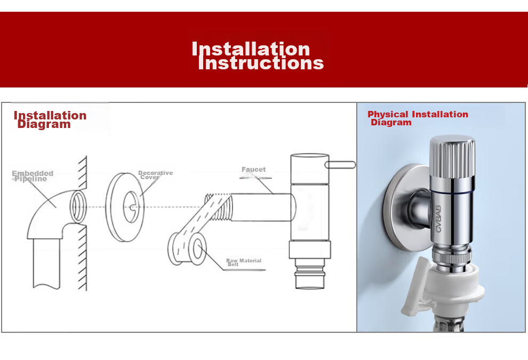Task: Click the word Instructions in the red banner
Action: tap(261, 63)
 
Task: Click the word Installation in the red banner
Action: tap(251, 49)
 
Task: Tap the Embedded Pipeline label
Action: tap(33, 176)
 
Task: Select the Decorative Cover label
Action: tap(155, 175)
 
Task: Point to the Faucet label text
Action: tap(253, 170)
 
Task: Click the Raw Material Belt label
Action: tap(243, 262)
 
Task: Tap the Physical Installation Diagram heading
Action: tap(418, 118)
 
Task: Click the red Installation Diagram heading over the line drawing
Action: tap(50, 119)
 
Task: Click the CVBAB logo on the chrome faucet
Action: tap(438, 219)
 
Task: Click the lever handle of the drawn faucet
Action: tap(340, 165)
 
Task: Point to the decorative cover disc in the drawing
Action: tap(125, 207)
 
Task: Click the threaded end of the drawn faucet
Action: tap(218, 207)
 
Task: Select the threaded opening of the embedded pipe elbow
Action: tap(78, 206)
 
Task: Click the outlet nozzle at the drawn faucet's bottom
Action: tap(310, 274)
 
